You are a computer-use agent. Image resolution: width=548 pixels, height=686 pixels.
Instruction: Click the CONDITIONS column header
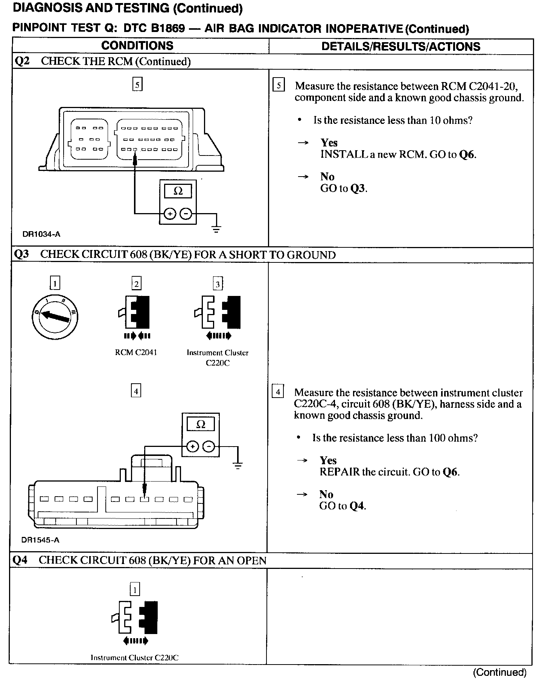(x=137, y=46)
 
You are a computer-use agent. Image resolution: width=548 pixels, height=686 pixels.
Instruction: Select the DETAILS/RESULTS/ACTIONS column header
(x=401, y=47)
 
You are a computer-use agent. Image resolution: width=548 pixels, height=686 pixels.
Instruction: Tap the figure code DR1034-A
(x=41, y=234)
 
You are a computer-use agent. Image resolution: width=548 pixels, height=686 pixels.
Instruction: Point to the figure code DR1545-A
(x=40, y=540)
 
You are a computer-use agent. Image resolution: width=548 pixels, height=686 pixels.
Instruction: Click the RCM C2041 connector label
(x=136, y=352)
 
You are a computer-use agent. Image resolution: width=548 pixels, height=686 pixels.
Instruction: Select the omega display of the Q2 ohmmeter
(x=178, y=191)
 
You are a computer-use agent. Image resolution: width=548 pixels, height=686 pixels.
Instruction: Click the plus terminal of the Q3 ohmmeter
(x=192, y=447)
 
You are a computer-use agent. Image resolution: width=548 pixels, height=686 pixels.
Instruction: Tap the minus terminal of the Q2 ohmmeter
(x=186, y=214)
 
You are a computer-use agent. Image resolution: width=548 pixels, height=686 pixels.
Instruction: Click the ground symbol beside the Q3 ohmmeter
(x=238, y=466)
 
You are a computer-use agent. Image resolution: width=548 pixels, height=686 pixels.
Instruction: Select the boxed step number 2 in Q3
(x=136, y=284)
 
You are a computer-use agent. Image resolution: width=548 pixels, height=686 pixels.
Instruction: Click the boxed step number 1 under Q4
(x=135, y=589)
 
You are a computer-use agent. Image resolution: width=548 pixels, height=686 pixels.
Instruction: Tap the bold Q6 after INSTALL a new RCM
(x=468, y=154)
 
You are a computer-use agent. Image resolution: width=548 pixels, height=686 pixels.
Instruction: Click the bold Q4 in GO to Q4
(x=358, y=506)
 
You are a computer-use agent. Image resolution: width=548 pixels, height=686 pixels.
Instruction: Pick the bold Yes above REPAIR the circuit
(x=328, y=460)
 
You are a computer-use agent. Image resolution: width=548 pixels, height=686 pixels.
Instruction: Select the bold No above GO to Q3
(x=327, y=177)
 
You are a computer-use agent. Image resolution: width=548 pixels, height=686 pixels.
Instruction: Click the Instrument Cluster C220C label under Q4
(x=134, y=657)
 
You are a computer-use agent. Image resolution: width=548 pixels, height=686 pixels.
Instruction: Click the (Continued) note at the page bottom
(x=500, y=672)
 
